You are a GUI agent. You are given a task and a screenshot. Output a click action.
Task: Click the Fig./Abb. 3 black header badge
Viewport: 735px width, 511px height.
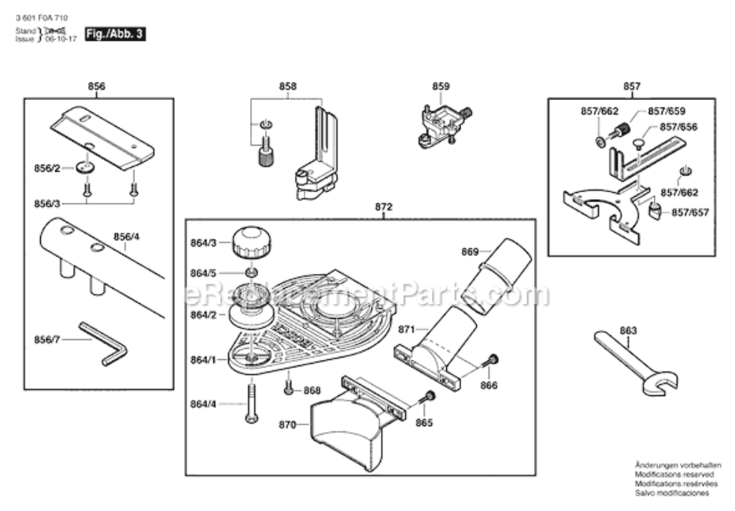[x=114, y=33]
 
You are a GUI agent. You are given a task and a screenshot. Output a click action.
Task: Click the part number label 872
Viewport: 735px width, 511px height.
[x=384, y=206]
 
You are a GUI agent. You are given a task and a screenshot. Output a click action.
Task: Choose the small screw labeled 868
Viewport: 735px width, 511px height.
[x=289, y=388]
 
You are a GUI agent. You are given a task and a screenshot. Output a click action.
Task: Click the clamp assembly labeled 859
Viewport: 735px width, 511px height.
[x=442, y=123]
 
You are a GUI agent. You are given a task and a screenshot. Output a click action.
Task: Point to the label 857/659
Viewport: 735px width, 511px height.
[x=666, y=110]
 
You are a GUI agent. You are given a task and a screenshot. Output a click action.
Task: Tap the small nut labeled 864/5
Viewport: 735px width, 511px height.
[x=251, y=273]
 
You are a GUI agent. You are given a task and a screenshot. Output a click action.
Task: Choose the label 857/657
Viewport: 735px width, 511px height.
[x=690, y=213]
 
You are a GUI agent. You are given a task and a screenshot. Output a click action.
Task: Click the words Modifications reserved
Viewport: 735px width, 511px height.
[x=674, y=474]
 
